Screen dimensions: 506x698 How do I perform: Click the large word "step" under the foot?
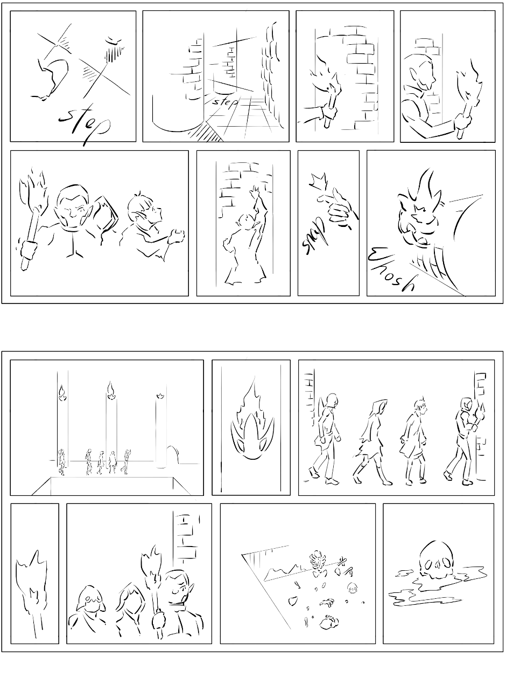click(84, 124)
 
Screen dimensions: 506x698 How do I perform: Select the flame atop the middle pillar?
click(110, 390)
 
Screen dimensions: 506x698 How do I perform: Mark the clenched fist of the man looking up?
click(177, 237)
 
